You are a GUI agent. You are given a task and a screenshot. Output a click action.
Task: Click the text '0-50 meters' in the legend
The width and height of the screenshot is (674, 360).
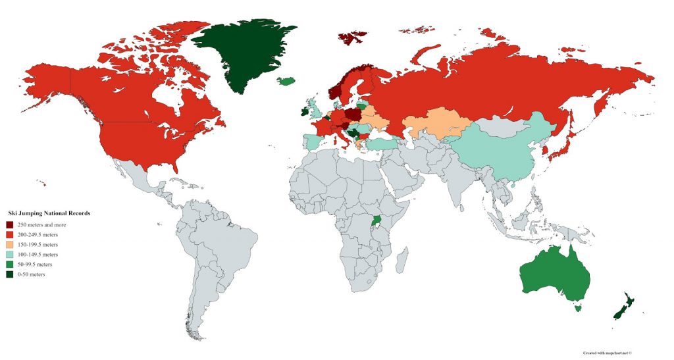[x=31, y=274]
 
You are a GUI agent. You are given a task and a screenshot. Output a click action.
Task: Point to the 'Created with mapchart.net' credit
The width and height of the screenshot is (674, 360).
[x=602, y=353]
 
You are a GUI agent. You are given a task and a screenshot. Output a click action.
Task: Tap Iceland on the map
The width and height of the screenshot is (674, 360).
[x=285, y=81]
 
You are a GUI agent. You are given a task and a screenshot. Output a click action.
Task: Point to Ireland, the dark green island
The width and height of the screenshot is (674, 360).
[x=304, y=111]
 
